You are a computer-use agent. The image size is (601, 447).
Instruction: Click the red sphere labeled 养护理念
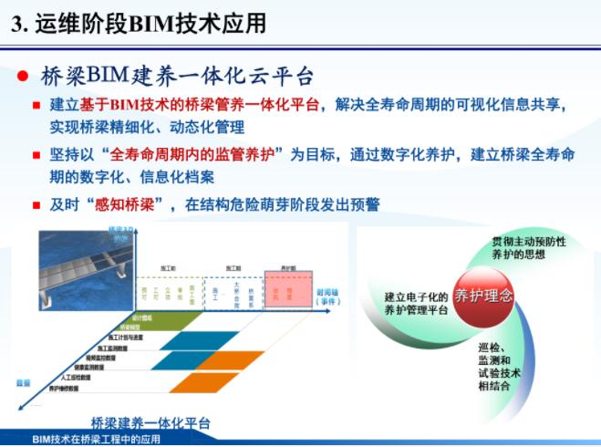(x=482, y=296)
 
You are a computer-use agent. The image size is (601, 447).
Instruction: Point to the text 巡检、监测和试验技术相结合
(x=499, y=366)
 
